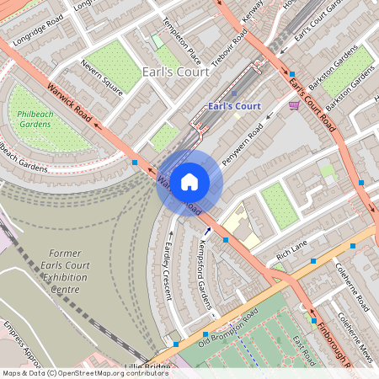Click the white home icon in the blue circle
coord(189,182)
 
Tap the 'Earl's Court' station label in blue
coord(233,107)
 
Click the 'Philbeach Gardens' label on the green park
coord(36,118)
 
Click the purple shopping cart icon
coord(294,105)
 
